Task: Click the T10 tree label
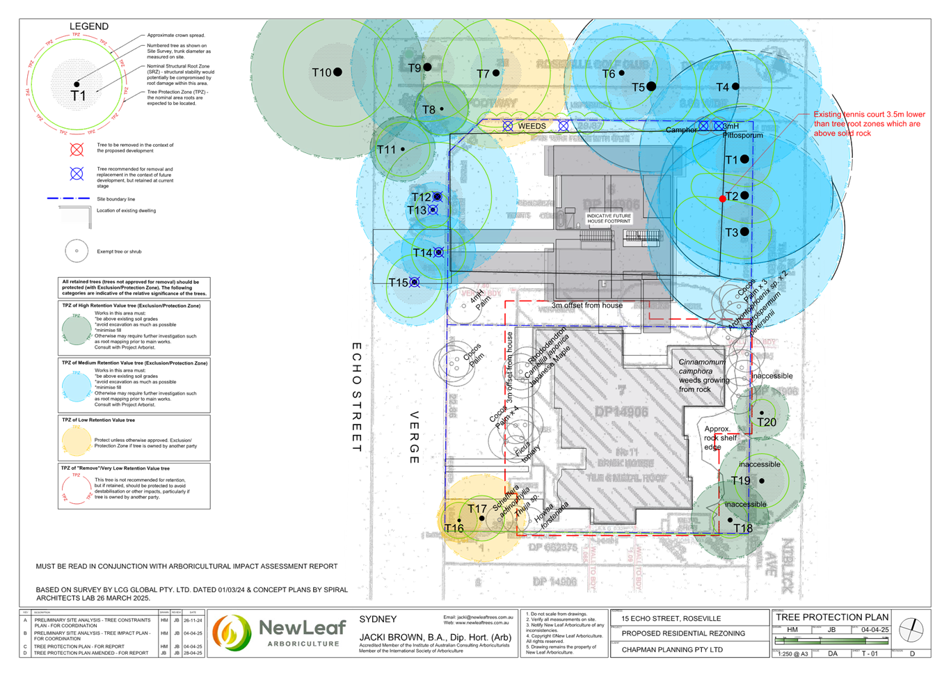tap(321, 72)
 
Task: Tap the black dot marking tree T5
tap(651, 86)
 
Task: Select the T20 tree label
tap(767, 422)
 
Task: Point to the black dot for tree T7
tap(496, 73)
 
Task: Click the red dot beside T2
tap(723, 199)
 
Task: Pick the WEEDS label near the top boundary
tap(532, 126)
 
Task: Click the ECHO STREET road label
tap(356, 396)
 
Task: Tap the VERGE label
tap(415, 438)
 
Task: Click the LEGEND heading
tap(89, 26)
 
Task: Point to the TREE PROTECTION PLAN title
tap(832, 617)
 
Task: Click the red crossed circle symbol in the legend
tap(77, 150)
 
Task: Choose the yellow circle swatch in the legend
tap(77, 441)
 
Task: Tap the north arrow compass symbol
tap(911, 631)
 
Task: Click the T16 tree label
tap(454, 528)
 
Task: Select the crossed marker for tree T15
tap(415, 283)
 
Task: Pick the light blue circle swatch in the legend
tap(77, 386)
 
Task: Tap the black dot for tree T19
tap(762, 481)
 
